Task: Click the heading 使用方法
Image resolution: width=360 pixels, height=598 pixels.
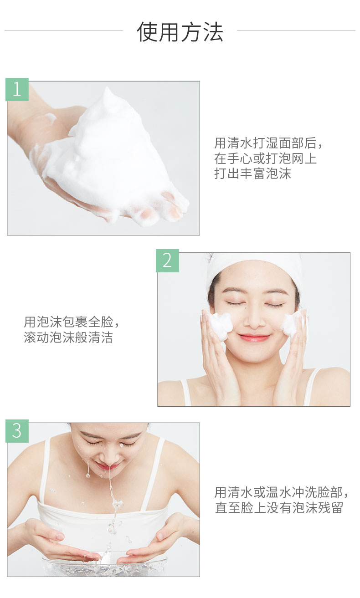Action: click(x=180, y=32)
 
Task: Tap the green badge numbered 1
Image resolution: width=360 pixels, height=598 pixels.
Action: click(x=17, y=89)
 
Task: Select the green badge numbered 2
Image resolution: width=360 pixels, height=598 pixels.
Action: click(x=167, y=261)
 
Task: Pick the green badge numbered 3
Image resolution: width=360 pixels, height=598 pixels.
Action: click(x=17, y=431)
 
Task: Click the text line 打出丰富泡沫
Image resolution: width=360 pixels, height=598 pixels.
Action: click(x=252, y=174)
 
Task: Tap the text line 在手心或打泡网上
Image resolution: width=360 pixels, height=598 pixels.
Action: click(x=266, y=158)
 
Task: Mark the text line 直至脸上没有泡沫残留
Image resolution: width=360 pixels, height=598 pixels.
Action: click(x=278, y=507)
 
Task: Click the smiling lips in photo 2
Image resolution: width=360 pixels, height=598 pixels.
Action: click(x=254, y=337)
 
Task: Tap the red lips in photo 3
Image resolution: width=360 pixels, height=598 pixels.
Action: click(x=108, y=465)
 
